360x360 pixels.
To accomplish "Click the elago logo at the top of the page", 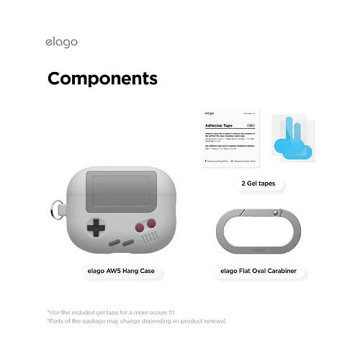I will pyautogui.click(x=62, y=42).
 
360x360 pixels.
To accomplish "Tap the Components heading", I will pyautogui.click(x=102, y=78).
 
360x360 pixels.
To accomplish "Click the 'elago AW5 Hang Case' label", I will pyautogui.click(x=121, y=271).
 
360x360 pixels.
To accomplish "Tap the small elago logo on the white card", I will pyautogui.click(x=210, y=113).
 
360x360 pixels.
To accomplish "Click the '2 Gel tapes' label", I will pyautogui.click(x=258, y=184).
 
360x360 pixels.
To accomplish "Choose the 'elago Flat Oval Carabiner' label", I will pyautogui.click(x=258, y=271).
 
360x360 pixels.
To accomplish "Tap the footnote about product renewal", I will pyautogui.click(x=137, y=321).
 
